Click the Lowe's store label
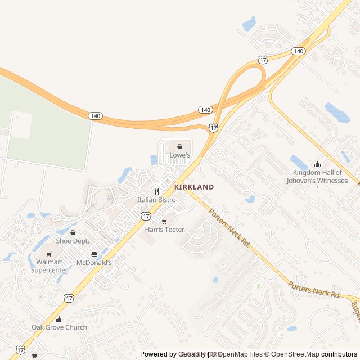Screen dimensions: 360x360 180,155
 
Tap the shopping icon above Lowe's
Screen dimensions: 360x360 179,146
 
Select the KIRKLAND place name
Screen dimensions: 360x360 194,186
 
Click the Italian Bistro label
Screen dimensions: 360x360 156,200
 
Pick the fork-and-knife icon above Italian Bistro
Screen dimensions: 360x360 156,191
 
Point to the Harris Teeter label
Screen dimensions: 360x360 164,229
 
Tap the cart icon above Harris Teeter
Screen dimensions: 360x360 164,221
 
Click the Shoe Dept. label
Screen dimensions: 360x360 73,241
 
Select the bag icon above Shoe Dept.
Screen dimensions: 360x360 73,232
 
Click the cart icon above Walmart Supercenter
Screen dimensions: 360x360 49,254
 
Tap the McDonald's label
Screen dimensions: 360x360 94,262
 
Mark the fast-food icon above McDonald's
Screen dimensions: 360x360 94,254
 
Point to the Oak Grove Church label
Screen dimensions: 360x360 59,327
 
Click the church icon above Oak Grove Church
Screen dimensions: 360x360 59,319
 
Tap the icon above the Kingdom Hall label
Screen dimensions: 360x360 317,164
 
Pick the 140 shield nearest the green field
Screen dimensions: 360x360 95,115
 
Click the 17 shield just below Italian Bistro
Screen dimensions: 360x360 146,215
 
